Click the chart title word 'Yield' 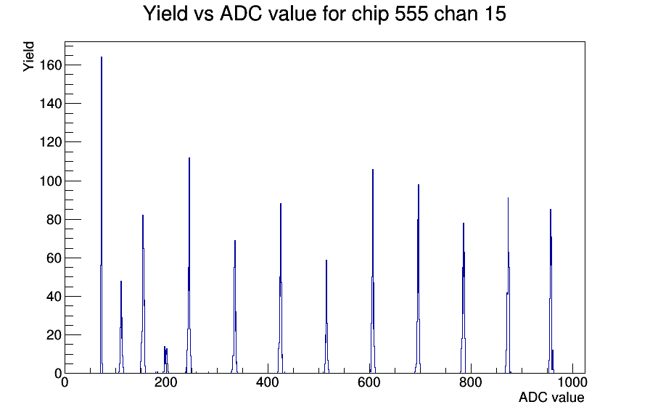point(165,14)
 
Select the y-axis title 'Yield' point(28,57)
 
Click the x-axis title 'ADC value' point(551,397)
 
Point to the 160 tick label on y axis point(51,65)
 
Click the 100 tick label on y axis point(51,181)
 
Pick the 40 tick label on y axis point(54,297)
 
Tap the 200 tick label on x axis point(166,382)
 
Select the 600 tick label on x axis point(369,382)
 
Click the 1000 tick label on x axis point(572,382)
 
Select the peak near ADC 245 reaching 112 point(189,266)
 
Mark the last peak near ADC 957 point(551,291)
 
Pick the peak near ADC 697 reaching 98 point(419,279)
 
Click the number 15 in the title point(495,14)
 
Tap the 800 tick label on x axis point(471,382)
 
